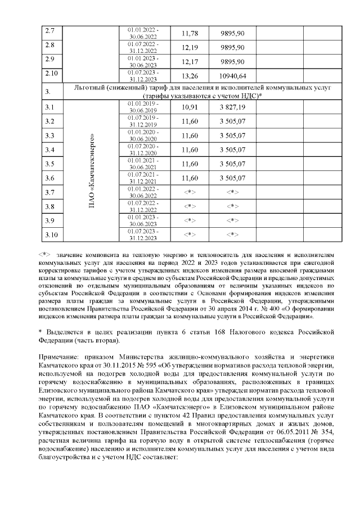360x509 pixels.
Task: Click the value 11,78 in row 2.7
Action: coord(191,33)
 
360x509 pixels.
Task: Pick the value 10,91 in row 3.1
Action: coord(191,107)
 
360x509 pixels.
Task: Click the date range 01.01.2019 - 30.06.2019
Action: coord(143,107)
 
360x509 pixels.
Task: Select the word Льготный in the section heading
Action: coord(91,88)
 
